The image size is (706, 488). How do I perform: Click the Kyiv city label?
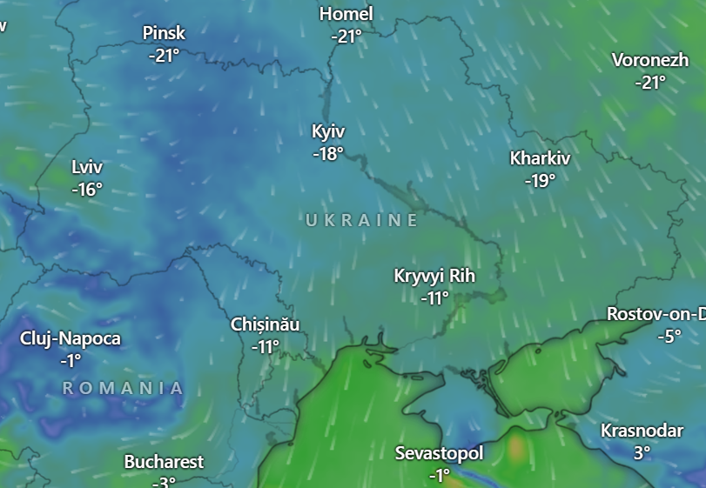point(328,131)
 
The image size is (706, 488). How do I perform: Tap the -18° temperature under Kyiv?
point(328,153)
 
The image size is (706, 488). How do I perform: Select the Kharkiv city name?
point(540,158)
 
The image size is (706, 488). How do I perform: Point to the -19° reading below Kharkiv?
point(540,181)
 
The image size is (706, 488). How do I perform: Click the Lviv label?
point(87,166)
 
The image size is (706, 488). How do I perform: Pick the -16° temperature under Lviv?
point(87,189)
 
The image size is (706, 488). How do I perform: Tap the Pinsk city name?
point(164,32)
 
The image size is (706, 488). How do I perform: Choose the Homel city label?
point(346,14)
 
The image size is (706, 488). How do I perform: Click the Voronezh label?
point(650,60)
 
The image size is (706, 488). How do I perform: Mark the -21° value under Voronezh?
point(650,83)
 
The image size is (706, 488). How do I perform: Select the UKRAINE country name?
point(362,221)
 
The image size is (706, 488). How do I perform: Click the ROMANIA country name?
point(123,388)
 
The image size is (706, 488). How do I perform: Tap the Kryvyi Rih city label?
point(434,276)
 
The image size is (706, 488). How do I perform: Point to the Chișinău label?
point(266,324)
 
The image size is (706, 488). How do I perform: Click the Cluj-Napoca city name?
point(71,338)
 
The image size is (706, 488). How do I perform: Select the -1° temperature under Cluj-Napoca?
point(71,360)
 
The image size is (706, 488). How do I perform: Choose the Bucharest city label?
point(164,462)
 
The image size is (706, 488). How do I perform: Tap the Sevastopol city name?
point(439,453)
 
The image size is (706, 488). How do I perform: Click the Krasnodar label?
point(642,431)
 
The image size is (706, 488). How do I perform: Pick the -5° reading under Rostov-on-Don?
point(669,336)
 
